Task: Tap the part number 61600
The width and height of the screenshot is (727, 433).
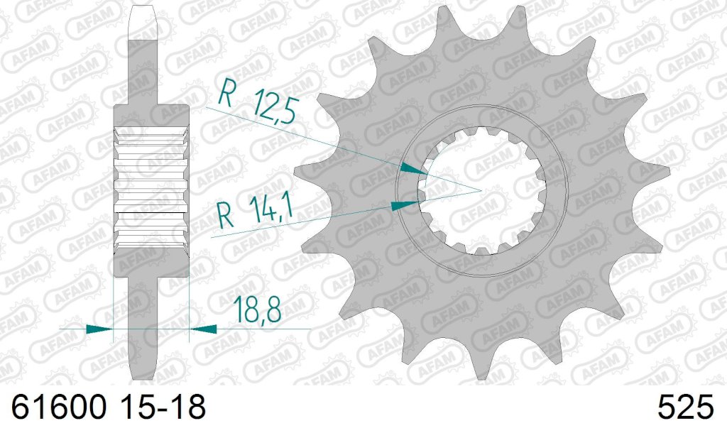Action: coord(59,407)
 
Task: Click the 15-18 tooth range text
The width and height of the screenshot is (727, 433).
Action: coord(163,407)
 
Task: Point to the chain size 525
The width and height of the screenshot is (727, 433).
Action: coord(685,407)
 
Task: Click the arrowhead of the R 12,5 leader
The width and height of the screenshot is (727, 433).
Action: coord(414,170)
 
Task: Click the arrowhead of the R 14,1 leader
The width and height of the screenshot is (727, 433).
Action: coord(405,205)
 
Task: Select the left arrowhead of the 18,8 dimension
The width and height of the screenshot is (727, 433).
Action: coord(99,329)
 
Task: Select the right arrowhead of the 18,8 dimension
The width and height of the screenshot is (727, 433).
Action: coord(203,329)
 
